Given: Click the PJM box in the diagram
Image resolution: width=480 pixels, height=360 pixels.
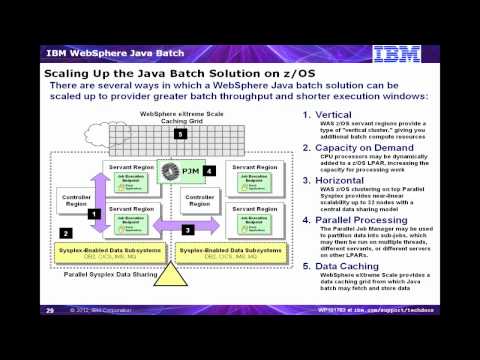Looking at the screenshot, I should click(183, 171).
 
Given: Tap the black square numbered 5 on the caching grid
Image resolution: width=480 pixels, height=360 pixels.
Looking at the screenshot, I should click(177, 133).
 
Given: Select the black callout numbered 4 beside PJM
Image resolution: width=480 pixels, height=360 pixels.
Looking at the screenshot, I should click(209, 171).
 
